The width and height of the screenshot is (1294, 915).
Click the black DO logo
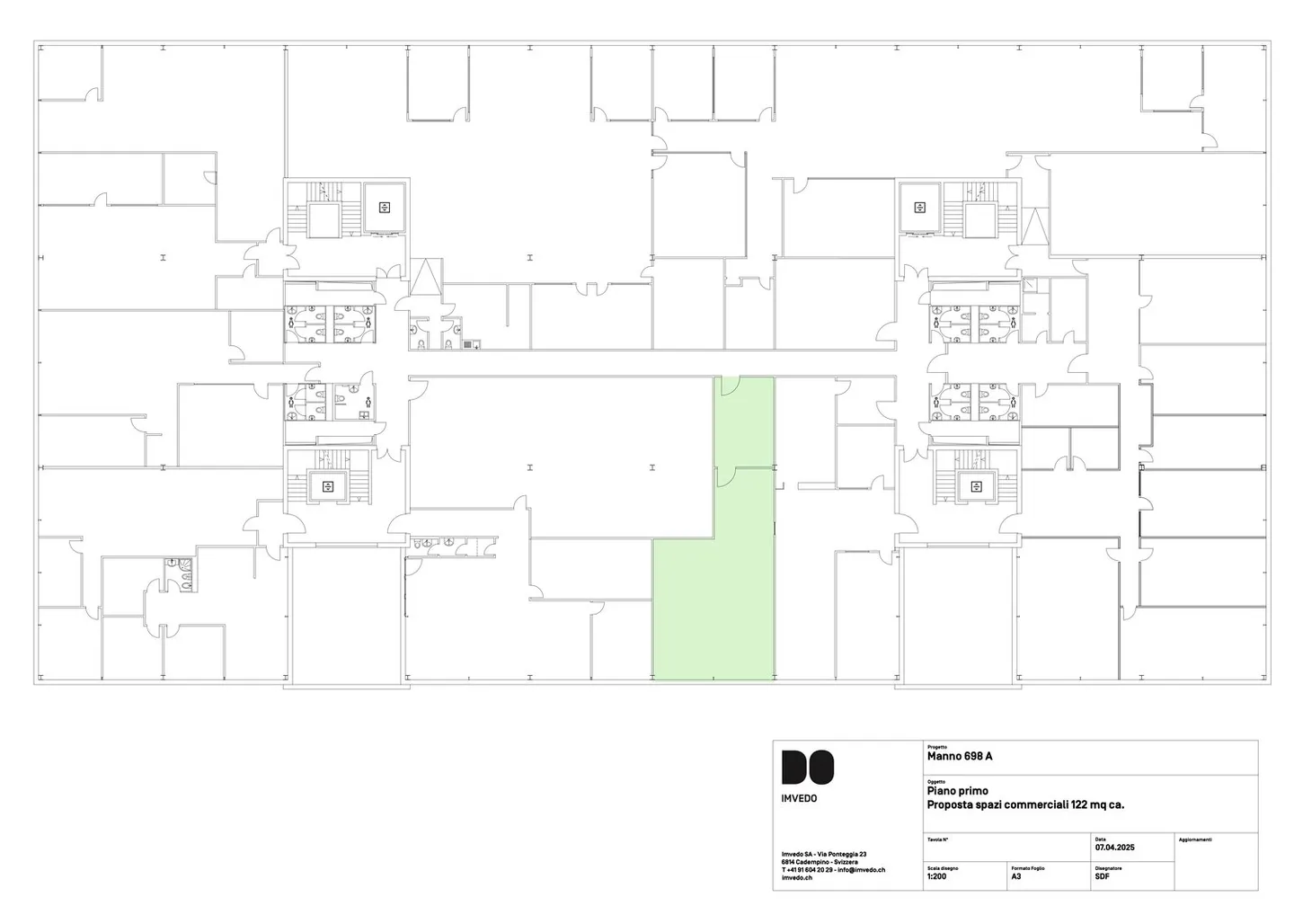pos(807,767)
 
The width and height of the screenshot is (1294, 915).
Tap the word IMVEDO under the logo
pos(799,798)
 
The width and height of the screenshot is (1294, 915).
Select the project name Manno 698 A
pos(959,757)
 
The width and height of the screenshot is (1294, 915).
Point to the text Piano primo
pos(957,792)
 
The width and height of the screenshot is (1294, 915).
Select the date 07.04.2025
pos(1114,848)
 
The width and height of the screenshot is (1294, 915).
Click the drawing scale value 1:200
pos(936,875)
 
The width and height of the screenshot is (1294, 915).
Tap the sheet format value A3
pos(1015,875)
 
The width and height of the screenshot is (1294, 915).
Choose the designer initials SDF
pos(1102,876)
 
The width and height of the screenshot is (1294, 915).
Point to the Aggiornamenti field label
pos(1194,839)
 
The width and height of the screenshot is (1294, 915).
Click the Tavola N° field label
pos(937,839)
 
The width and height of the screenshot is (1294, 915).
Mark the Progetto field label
pos(936,747)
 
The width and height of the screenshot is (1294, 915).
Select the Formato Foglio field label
pos(1027,868)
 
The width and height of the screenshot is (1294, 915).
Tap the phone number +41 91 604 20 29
pos(808,870)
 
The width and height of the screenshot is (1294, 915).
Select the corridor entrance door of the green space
pos(730,385)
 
